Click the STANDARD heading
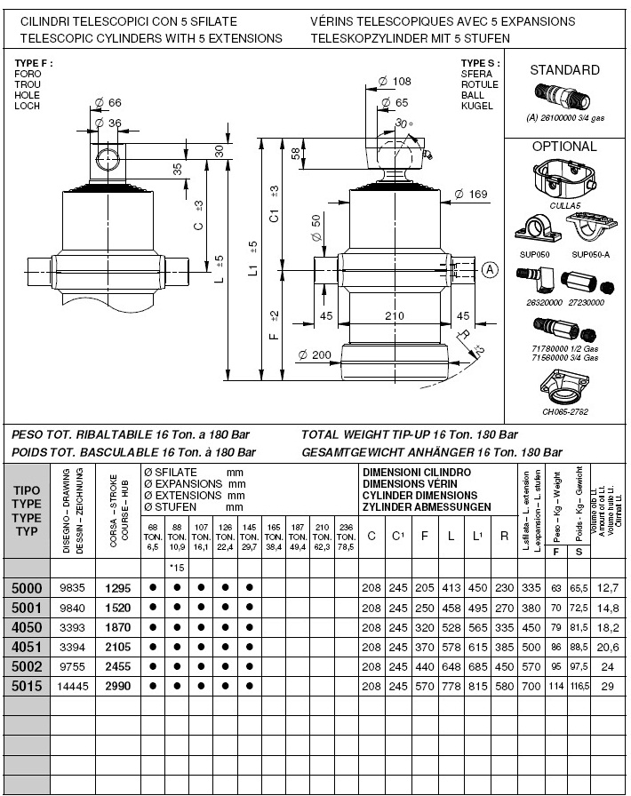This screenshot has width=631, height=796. (x=564, y=70)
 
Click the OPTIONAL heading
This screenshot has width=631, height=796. (x=564, y=147)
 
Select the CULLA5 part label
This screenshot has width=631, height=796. (x=564, y=205)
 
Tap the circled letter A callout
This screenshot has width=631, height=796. (x=490, y=268)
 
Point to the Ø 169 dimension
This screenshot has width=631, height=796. (x=470, y=194)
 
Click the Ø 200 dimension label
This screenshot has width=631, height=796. (x=315, y=354)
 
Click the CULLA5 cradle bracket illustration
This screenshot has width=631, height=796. (x=563, y=179)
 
